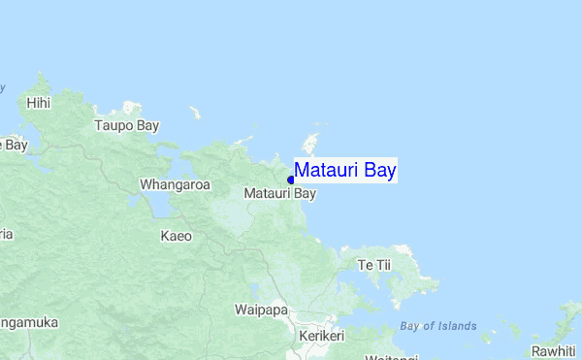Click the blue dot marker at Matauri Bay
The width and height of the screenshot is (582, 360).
291,180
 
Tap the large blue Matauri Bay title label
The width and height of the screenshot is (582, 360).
345,171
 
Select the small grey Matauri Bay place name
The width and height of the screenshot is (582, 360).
280,193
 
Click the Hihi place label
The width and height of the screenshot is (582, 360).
39,102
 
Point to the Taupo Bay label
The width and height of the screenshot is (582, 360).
126,125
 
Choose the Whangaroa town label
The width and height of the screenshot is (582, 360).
175,183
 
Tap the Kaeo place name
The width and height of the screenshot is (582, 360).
176,236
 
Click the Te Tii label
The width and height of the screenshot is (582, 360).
373,265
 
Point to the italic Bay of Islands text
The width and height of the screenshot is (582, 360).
437,326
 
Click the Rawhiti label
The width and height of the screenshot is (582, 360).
553,350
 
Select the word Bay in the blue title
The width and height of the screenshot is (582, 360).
379,171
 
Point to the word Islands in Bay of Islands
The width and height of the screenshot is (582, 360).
457,326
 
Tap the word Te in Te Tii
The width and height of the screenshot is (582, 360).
366,265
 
